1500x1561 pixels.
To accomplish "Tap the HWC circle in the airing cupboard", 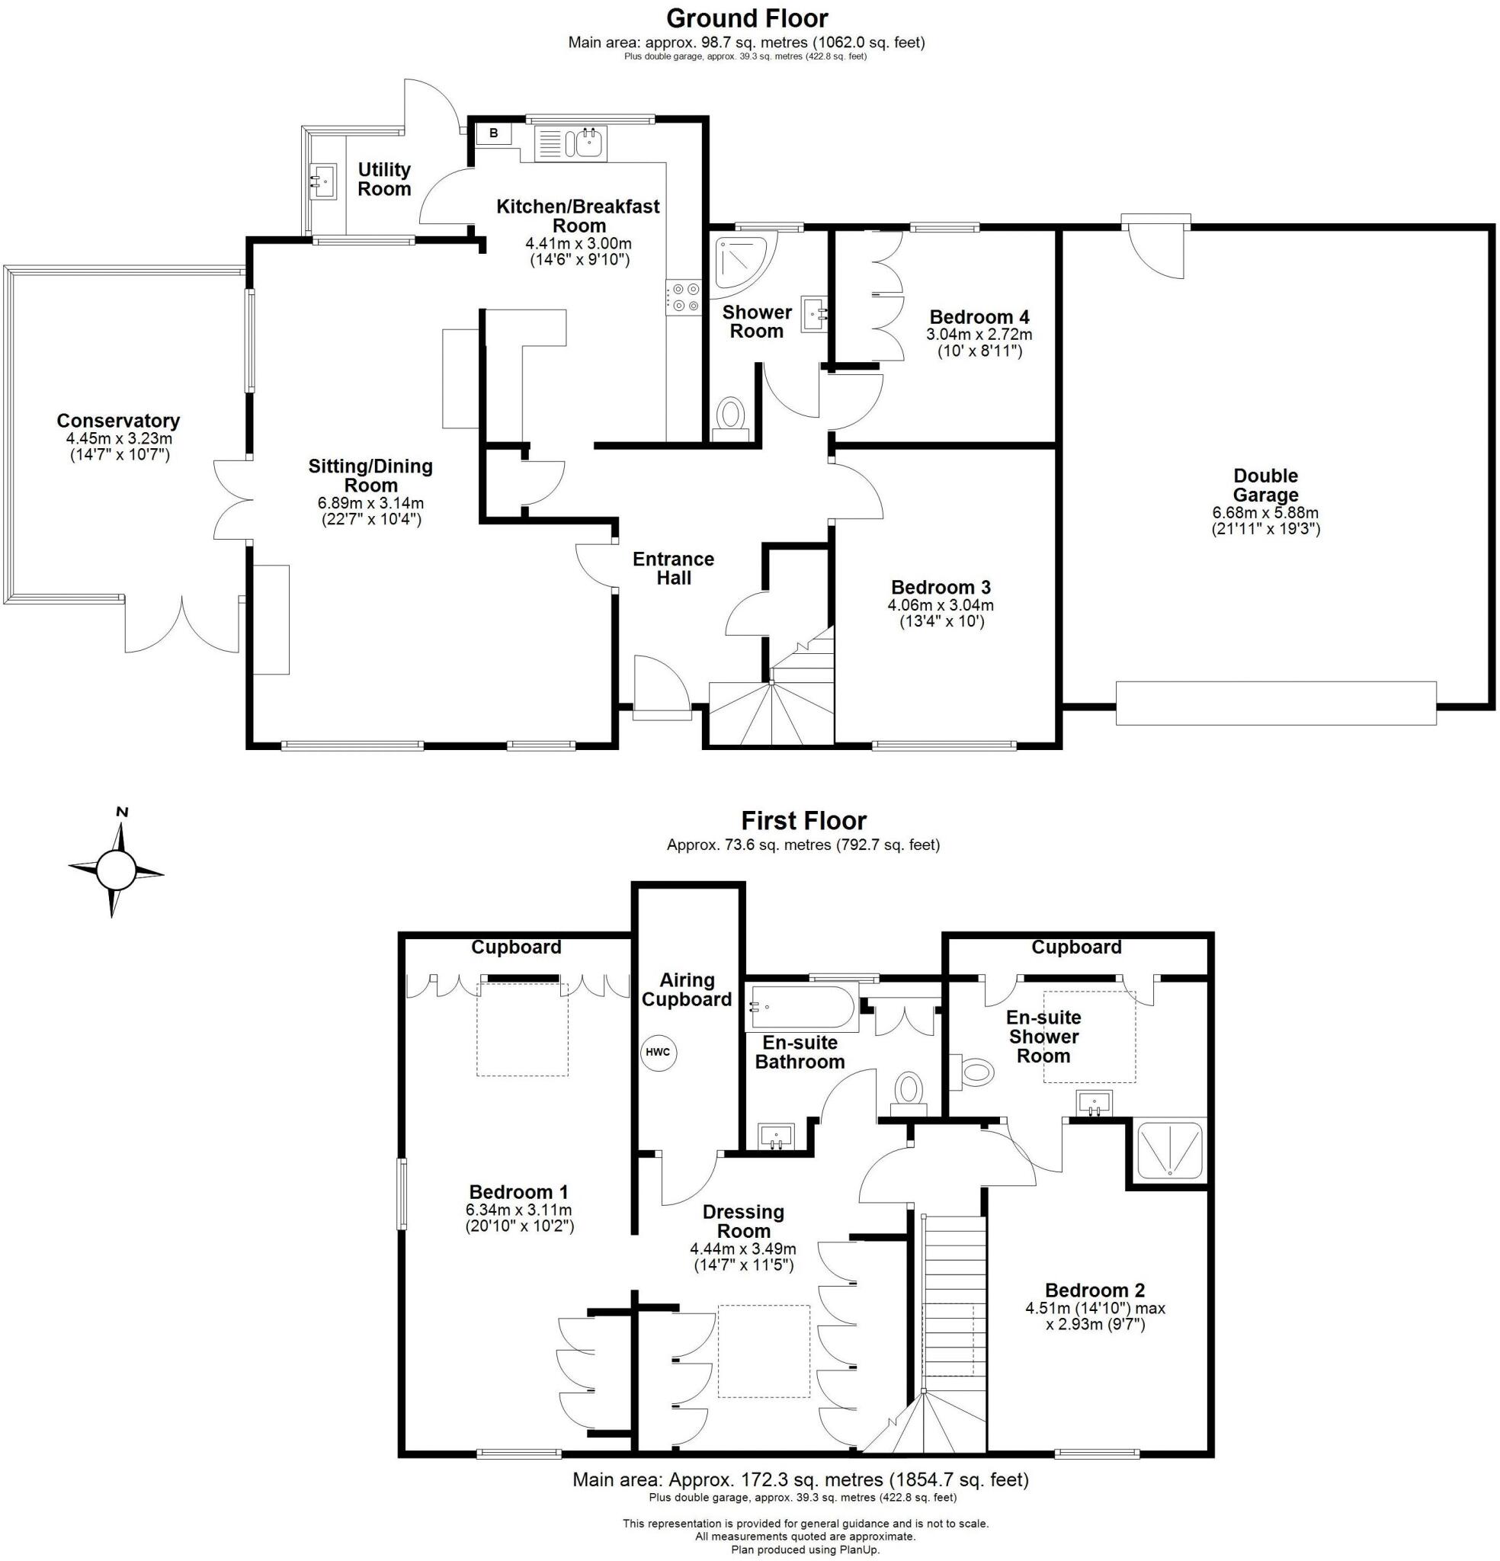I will [x=657, y=1052].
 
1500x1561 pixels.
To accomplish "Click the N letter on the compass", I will [x=122, y=813].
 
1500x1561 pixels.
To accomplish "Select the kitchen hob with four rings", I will [x=684, y=297].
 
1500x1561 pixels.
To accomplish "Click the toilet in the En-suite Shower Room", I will [x=973, y=1072].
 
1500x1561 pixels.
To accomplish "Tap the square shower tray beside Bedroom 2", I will [x=1168, y=1149].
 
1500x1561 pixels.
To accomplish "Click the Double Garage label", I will [x=1265, y=485].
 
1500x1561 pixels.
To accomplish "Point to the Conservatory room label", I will [x=118, y=421].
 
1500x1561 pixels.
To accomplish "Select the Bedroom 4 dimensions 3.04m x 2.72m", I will [x=978, y=335].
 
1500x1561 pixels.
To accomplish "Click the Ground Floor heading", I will [x=746, y=18].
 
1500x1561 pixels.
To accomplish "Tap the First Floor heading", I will [x=803, y=820].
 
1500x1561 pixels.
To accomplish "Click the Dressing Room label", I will [x=742, y=1221].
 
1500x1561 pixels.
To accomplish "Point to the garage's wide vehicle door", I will [x=1274, y=703].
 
